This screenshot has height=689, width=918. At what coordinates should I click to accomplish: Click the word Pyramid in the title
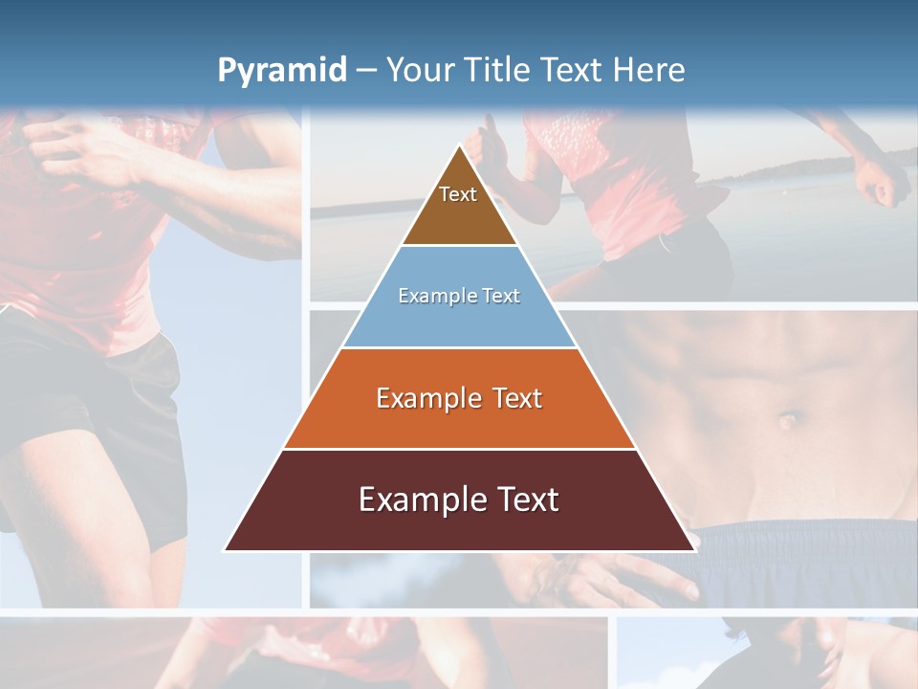point(281,71)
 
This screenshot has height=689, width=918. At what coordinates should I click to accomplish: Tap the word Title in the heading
point(501,70)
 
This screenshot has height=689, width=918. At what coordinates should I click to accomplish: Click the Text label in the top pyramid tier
point(458,194)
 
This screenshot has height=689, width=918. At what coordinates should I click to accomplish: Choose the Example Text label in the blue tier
point(459,296)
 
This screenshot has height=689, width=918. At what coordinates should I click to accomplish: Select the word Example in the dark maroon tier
point(419,500)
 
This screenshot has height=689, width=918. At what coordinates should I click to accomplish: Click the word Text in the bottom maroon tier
point(526,500)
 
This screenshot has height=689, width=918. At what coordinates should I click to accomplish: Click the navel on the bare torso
point(788,419)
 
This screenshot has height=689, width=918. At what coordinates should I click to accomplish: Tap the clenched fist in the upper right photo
point(882,182)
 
